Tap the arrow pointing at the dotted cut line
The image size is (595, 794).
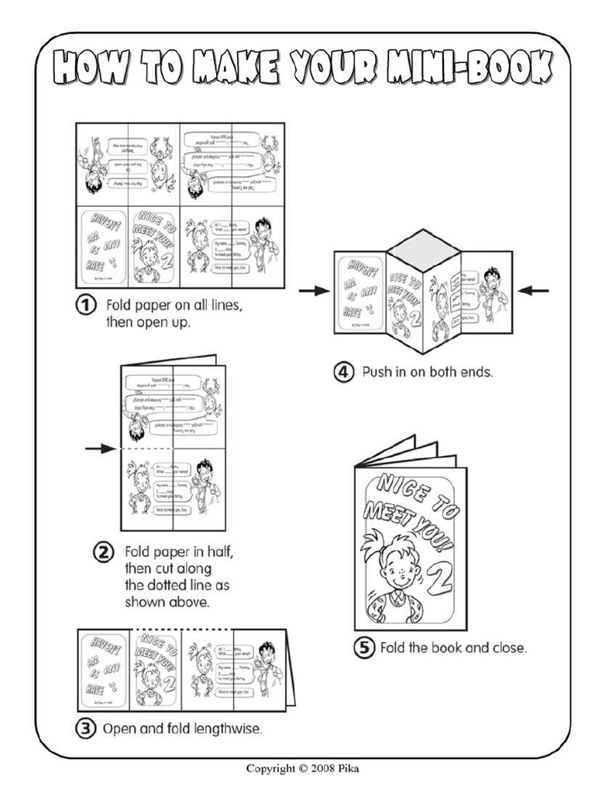99,448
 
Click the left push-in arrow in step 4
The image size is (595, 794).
314,291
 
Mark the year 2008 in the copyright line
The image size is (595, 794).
325,768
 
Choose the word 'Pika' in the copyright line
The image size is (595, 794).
350,768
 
